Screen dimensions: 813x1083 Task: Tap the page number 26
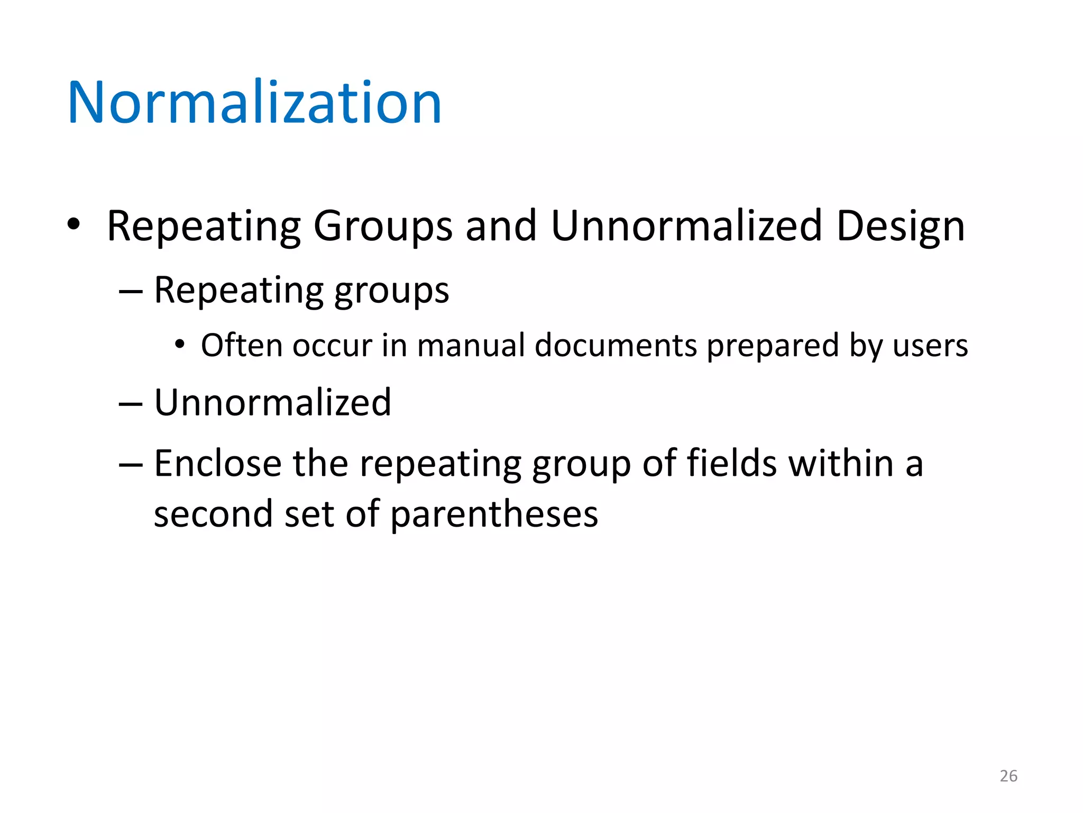[1008, 776]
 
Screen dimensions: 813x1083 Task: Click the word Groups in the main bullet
[382, 227]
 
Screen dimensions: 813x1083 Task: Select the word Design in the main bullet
[901, 227]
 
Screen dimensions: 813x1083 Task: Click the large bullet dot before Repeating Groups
[74, 224]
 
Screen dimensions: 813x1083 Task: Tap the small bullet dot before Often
[180, 345]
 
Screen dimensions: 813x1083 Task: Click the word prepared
[773, 346]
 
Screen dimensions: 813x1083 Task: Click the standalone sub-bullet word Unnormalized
[272, 403]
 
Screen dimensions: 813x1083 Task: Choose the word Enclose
[217, 464]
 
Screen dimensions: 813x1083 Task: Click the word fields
[731, 464]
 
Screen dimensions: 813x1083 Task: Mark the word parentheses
[494, 514]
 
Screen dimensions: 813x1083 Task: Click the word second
[213, 514]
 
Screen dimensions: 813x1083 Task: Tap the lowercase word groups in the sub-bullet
[391, 292]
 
